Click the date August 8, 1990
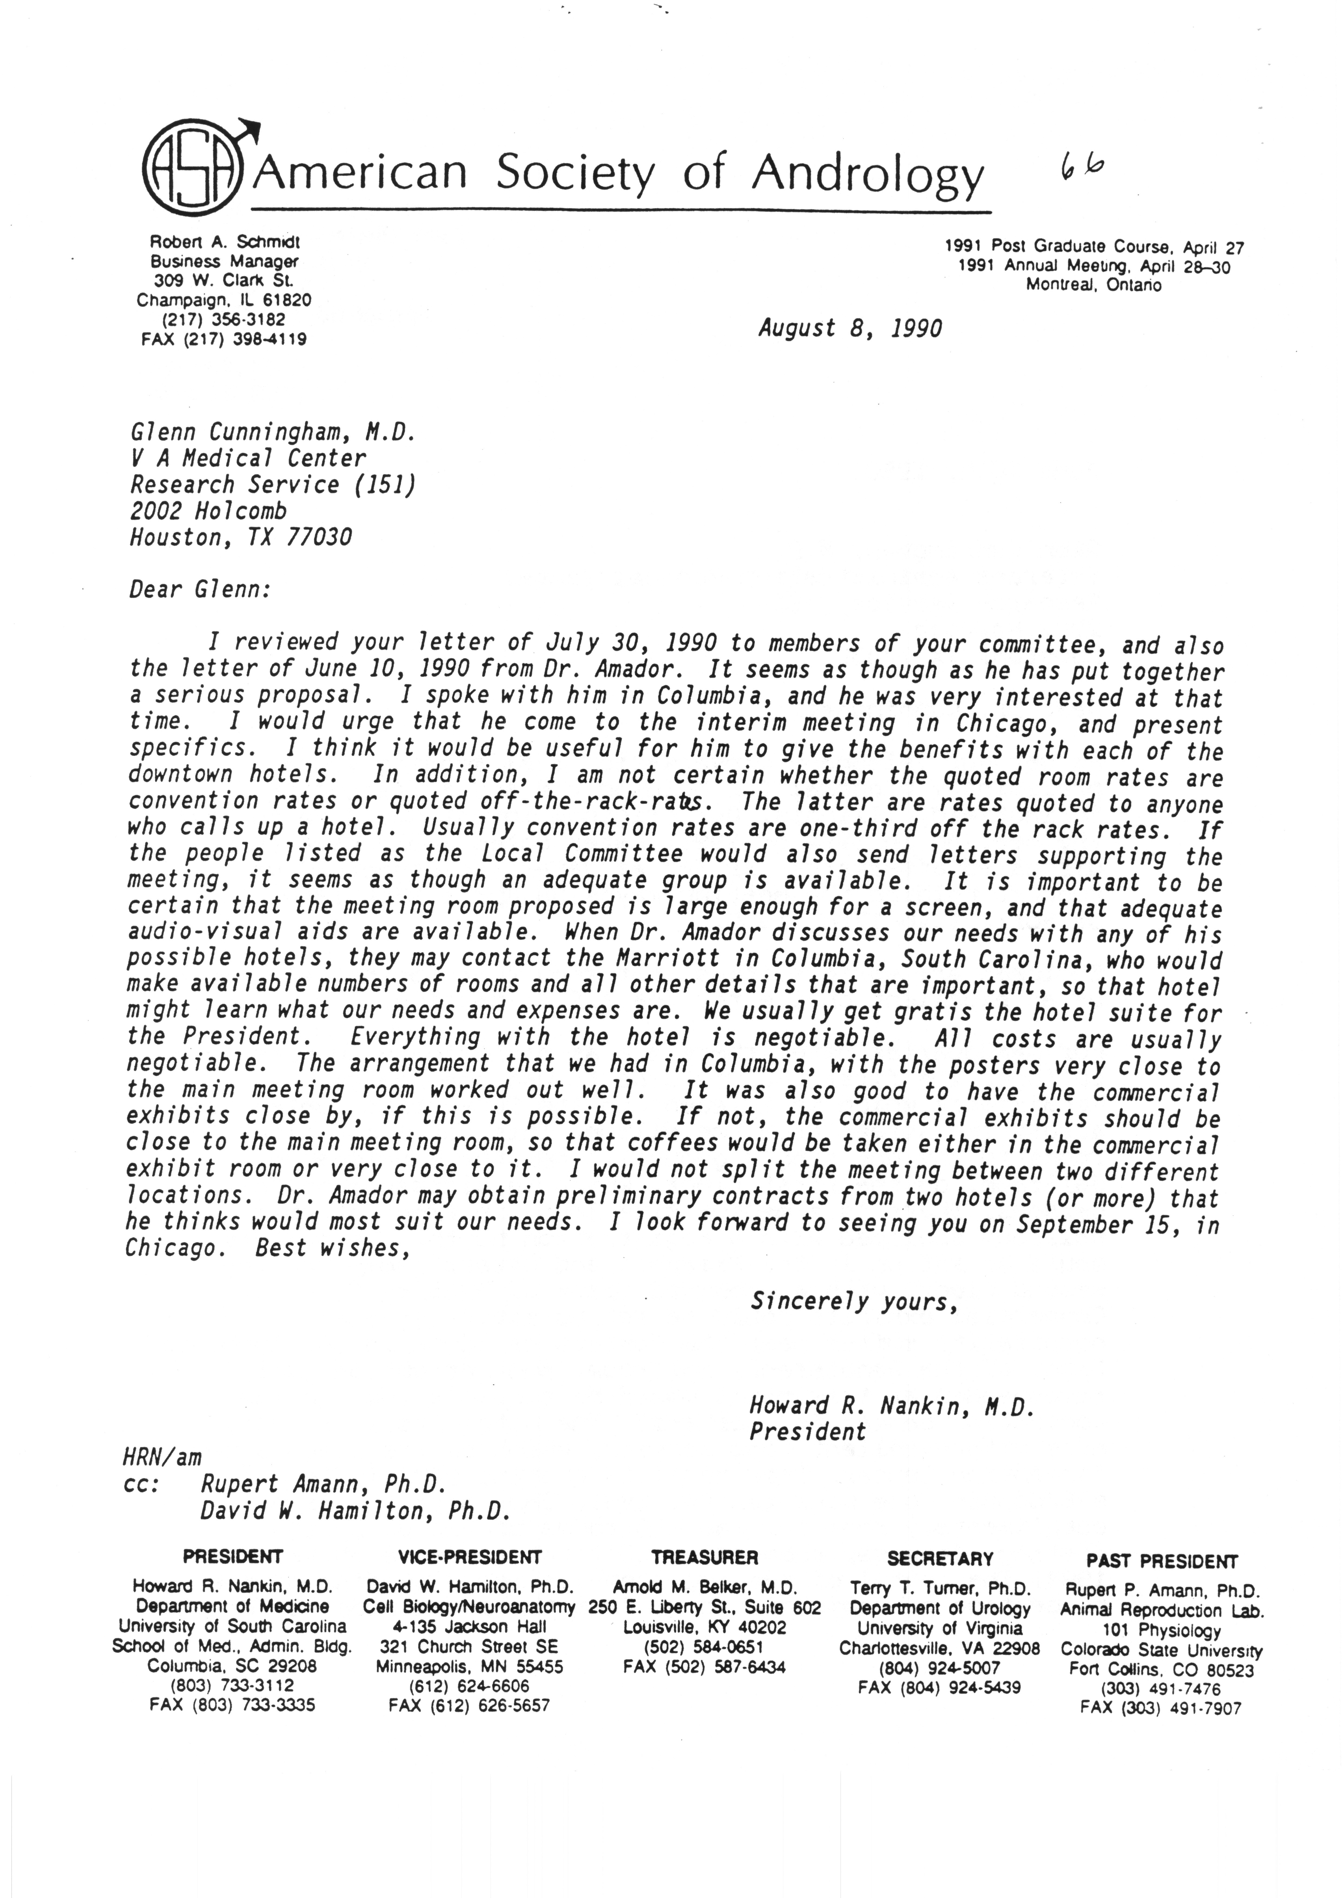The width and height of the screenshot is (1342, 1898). [849, 329]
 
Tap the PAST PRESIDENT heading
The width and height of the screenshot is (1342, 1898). [1162, 1562]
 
